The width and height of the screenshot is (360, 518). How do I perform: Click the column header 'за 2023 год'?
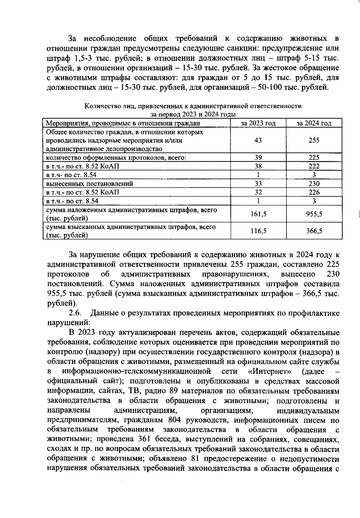click(x=258, y=123)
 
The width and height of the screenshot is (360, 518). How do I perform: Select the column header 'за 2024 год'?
click(x=314, y=123)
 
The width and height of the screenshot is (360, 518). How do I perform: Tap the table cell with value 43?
click(x=258, y=140)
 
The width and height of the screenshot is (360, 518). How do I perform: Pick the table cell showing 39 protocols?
click(x=258, y=158)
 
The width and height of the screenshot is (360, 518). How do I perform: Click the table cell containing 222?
click(x=314, y=166)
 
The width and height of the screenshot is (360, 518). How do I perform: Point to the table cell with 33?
click(x=258, y=184)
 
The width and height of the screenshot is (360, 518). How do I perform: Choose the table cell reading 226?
click(x=314, y=192)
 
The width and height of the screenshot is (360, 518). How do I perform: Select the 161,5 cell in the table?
click(x=258, y=214)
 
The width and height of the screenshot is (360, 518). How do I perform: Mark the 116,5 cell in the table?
click(x=258, y=231)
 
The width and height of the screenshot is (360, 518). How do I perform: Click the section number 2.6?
click(x=75, y=313)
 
